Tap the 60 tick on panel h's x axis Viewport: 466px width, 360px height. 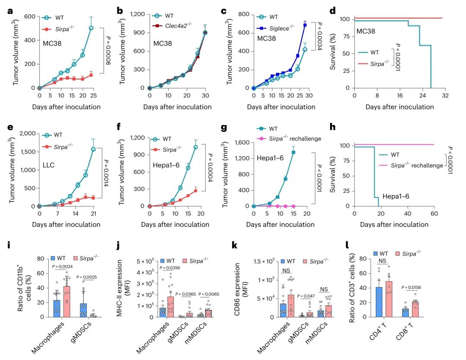434,214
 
